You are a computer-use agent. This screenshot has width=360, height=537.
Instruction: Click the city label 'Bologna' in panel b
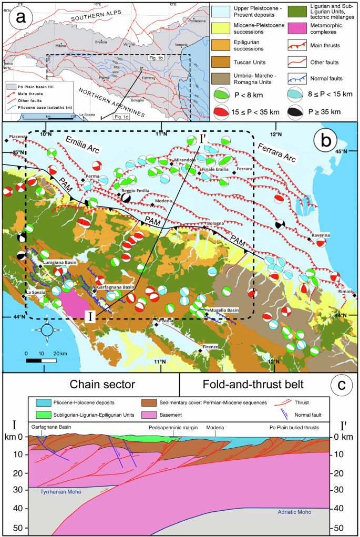215,224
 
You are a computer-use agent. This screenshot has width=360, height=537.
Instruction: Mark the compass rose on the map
47,329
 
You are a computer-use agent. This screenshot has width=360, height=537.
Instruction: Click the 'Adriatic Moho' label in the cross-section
289,511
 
